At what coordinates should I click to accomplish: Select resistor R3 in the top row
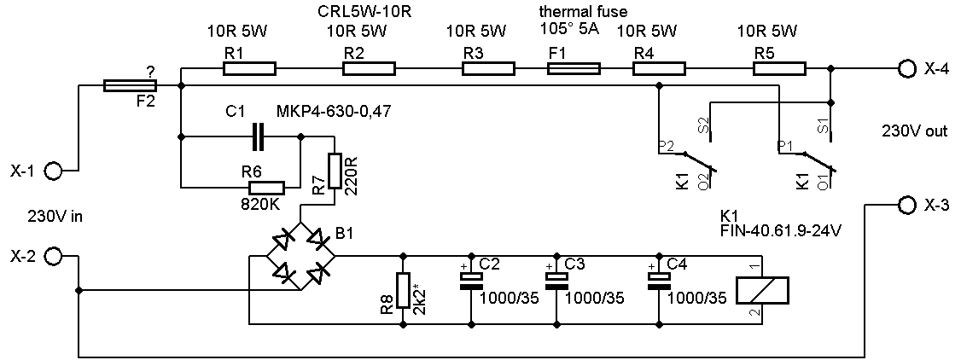488,68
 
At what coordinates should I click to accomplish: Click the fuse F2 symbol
130,85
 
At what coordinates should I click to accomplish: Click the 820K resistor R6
266,188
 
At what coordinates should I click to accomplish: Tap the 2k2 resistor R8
403,290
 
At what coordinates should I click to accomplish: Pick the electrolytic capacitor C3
556,282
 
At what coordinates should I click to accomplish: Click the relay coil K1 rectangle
761,290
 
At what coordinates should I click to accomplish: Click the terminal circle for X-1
53,171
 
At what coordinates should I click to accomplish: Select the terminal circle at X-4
904,69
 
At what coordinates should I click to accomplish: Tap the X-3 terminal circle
905,205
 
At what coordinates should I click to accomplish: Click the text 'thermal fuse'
583,12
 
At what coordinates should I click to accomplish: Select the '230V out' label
914,131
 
